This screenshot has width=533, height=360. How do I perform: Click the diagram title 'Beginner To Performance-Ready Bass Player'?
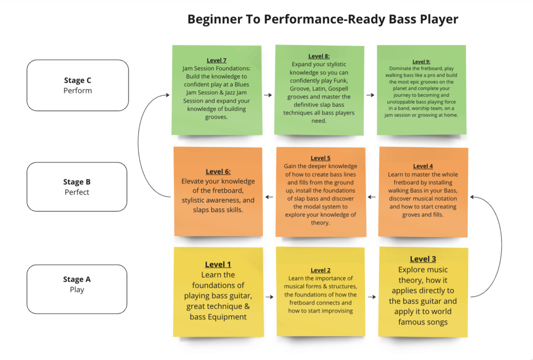[x=323, y=20]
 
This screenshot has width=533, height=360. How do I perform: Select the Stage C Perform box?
[x=78, y=85]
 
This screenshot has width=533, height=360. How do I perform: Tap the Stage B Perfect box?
[x=77, y=187]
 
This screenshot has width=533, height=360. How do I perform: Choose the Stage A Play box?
[x=77, y=284]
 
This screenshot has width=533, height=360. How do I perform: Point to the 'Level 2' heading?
[x=321, y=270]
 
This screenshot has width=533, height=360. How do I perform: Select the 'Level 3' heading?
[x=423, y=259]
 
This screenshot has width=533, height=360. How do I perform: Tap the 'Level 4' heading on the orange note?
[x=423, y=166]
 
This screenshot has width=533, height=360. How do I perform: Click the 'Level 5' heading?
[x=321, y=158]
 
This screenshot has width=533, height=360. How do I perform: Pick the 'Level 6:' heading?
[x=218, y=171]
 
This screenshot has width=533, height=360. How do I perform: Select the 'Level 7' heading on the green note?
[x=217, y=60]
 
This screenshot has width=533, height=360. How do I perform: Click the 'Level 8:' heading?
[x=319, y=56]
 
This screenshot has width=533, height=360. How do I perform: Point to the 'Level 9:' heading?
[x=422, y=61]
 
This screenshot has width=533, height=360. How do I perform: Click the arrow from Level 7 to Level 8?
[x=268, y=95]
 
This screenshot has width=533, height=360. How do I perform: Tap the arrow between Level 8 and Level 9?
[x=370, y=95]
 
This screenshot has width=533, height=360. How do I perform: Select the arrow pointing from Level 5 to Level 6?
[x=269, y=197]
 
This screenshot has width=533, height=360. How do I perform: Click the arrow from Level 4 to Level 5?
[x=372, y=197]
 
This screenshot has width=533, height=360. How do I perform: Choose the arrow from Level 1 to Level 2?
[x=269, y=297]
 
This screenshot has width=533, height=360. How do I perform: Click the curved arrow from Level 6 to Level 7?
[x=139, y=146]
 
